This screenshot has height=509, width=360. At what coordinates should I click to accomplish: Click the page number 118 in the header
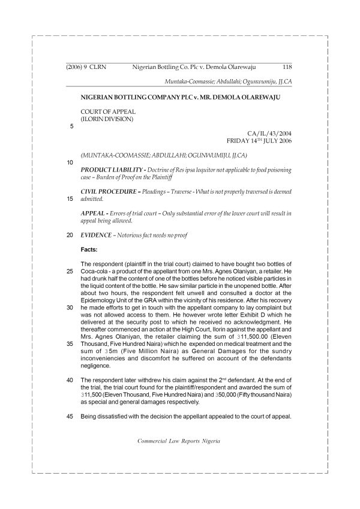[287, 68]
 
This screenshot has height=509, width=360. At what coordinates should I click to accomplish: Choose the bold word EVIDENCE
[97, 235]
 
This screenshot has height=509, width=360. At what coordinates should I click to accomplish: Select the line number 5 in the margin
[71, 127]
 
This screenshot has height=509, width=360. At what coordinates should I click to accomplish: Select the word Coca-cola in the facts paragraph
[97, 272]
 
